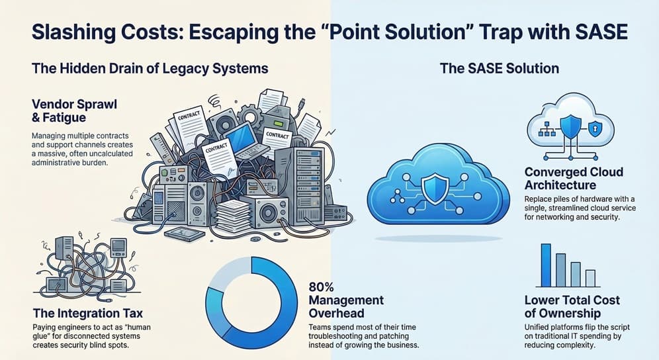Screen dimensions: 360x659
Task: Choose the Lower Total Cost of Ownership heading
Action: pyautogui.click(x=571, y=306)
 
